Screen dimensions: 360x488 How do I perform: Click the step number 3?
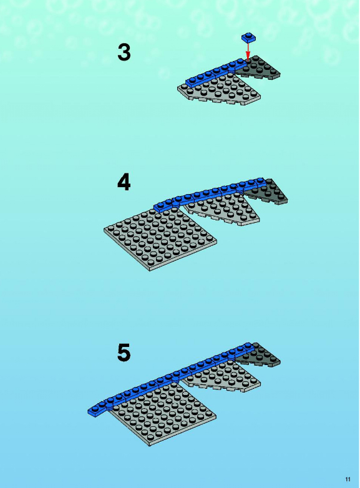[x=124, y=52]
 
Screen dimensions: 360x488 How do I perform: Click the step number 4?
[x=124, y=182]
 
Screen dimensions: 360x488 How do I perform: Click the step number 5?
[x=124, y=353]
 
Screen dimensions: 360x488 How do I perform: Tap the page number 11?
[x=348, y=479]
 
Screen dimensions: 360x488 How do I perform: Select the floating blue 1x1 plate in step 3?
[x=248, y=37]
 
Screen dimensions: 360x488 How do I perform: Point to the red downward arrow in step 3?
[x=248, y=51]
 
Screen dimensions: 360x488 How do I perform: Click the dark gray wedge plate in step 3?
[x=261, y=69]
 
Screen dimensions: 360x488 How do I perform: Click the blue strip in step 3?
[x=216, y=72]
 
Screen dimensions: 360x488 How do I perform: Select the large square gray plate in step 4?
[x=160, y=238]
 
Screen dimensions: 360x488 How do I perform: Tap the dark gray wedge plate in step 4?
[x=268, y=192]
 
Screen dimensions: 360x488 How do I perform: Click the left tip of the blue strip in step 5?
[x=88, y=412]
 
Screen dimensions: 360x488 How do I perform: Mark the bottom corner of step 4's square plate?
[x=150, y=271]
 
